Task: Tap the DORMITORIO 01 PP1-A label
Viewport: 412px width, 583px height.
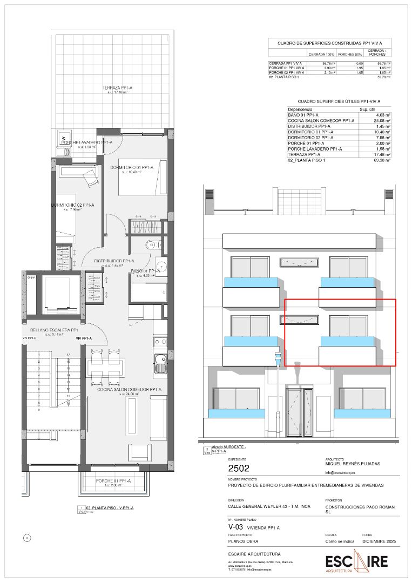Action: coord(132,168)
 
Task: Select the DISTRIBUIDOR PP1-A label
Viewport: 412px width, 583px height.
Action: coord(114,261)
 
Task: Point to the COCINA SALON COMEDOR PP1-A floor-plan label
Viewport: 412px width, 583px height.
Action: coord(129,389)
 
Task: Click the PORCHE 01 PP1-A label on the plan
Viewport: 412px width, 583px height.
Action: coord(113,480)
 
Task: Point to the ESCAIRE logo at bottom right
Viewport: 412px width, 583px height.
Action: coord(356,561)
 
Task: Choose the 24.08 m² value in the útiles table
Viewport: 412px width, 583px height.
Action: coord(382,120)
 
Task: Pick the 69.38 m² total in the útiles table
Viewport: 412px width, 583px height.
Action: coord(382,160)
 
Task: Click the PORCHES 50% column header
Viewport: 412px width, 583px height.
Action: coord(349,55)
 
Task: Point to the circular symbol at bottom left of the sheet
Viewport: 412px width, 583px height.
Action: coord(28,537)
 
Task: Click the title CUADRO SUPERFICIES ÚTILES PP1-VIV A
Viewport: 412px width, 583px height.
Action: coord(339,101)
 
